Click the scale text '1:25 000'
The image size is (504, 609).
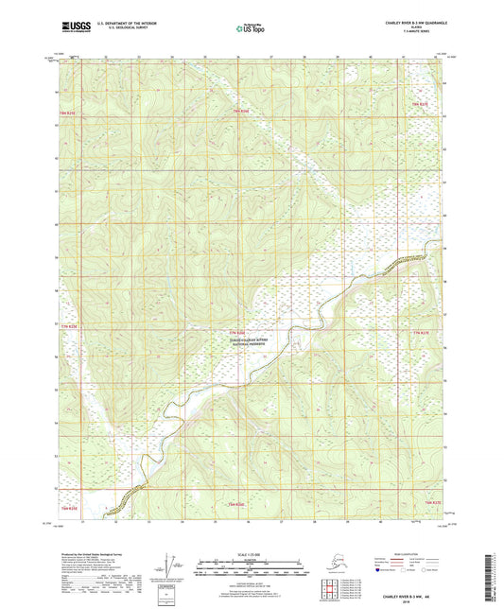point(251,553)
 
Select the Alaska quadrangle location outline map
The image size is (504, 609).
point(333,565)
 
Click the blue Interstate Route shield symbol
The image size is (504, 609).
point(378,570)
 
